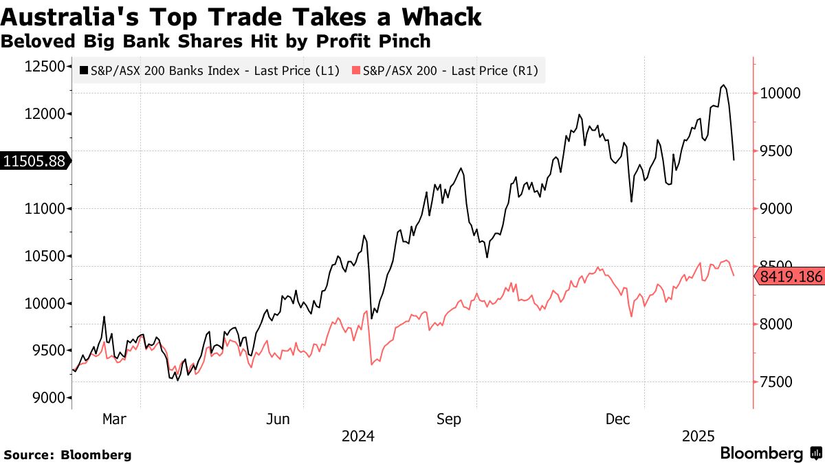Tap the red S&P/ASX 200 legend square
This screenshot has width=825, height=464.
[355, 70]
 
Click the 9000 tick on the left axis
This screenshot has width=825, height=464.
[49, 398]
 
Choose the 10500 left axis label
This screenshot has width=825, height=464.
[45, 256]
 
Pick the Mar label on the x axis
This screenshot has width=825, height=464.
[113, 419]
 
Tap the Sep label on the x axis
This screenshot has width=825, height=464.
[448, 419]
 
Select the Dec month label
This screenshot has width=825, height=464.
[617, 419]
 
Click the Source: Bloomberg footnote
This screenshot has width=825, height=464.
[67, 454]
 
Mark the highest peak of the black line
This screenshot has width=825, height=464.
[723, 85]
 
